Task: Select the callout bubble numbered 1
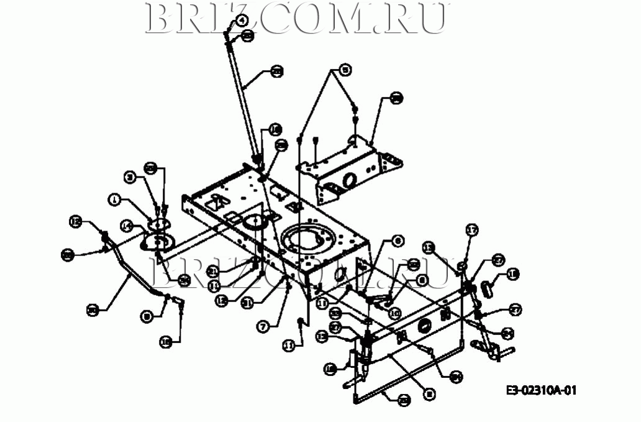(x=114, y=200)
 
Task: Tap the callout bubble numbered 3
(x=130, y=178)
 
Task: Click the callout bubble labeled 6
(x=398, y=240)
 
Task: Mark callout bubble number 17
(x=472, y=231)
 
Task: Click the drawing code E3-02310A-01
(x=542, y=390)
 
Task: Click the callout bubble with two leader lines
(x=345, y=69)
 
